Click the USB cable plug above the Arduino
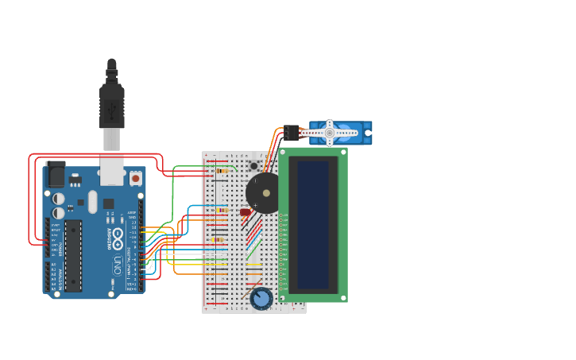click(111, 103)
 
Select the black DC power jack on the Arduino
click(56, 174)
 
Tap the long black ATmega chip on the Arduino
click(73, 255)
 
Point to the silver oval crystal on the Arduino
click(93, 202)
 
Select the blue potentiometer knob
click(261, 299)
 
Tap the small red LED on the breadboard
click(245, 212)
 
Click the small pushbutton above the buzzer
click(254, 166)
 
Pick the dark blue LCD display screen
click(313, 225)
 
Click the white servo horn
click(328, 133)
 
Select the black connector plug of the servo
click(292, 133)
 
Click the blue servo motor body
click(350, 133)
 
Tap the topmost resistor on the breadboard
click(222, 171)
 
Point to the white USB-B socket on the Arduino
click(112, 169)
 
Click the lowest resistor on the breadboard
click(218, 239)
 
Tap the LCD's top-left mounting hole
click(284, 153)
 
